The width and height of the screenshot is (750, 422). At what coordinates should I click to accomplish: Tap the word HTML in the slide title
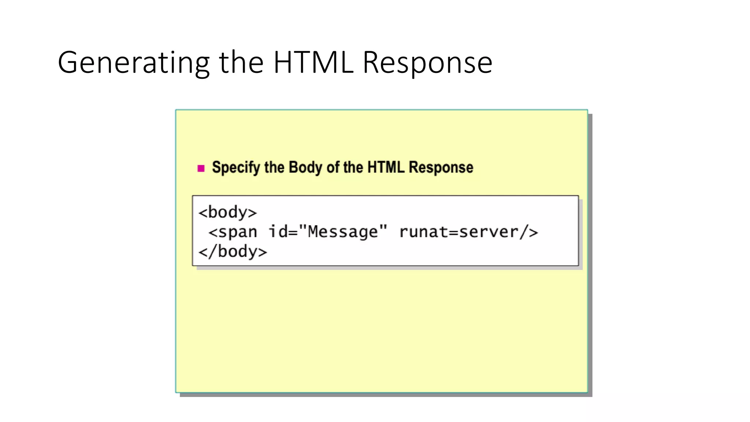[x=313, y=62]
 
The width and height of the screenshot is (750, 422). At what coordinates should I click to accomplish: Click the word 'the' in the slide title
[x=241, y=62]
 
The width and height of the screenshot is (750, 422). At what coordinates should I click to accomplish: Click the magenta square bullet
[x=201, y=168]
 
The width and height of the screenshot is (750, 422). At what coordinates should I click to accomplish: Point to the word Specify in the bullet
[x=236, y=168]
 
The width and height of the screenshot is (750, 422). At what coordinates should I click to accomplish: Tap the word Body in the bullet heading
[x=305, y=167]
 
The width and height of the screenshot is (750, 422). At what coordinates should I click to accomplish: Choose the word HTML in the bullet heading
[x=386, y=167]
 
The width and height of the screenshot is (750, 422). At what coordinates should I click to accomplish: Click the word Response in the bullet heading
[x=441, y=168]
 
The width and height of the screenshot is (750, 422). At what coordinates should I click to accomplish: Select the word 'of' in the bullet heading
[x=333, y=167]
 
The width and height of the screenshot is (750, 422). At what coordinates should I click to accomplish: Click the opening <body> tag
[x=227, y=212]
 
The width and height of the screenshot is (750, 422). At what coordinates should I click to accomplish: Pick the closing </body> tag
[x=233, y=252]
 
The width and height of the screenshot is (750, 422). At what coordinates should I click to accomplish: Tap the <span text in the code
[x=233, y=232]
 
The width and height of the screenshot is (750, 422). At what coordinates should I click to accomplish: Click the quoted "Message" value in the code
[x=343, y=232]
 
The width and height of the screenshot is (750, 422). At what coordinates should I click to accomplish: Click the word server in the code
[x=489, y=232]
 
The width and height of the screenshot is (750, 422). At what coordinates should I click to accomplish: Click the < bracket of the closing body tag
[x=203, y=252]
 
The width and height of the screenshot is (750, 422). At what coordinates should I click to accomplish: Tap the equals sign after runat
[x=454, y=232]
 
